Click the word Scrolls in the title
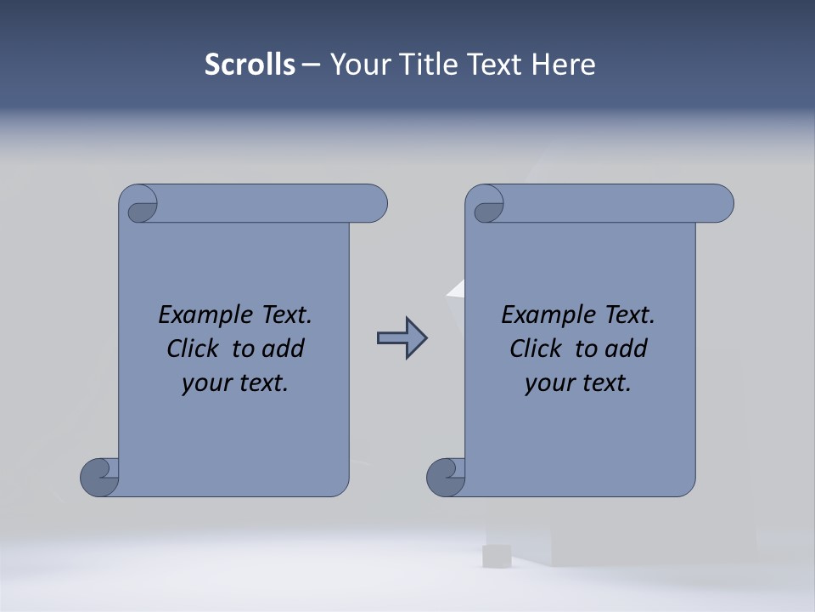coord(250,65)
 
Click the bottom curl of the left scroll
coord(100,476)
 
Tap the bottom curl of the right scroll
coord(447,476)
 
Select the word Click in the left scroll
coord(194,348)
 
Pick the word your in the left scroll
coord(205,383)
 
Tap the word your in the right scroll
coord(548,383)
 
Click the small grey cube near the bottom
coord(495,556)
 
